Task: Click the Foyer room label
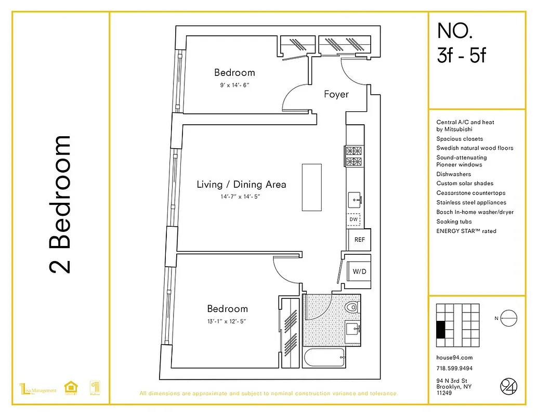click(x=336, y=94)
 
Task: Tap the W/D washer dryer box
click(x=358, y=271)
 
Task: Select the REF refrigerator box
click(x=359, y=240)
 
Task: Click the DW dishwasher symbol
click(x=353, y=219)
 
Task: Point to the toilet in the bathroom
click(x=353, y=307)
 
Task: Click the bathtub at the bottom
click(x=324, y=358)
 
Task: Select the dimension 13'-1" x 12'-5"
click(x=227, y=321)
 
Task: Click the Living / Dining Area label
click(x=241, y=184)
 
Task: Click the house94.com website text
click(x=454, y=358)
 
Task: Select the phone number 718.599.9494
click(x=454, y=369)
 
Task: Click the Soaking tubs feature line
click(x=454, y=222)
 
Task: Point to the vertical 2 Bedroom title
click(x=60, y=204)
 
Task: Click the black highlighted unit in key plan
click(x=441, y=330)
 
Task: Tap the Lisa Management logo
click(x=37, y=390)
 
